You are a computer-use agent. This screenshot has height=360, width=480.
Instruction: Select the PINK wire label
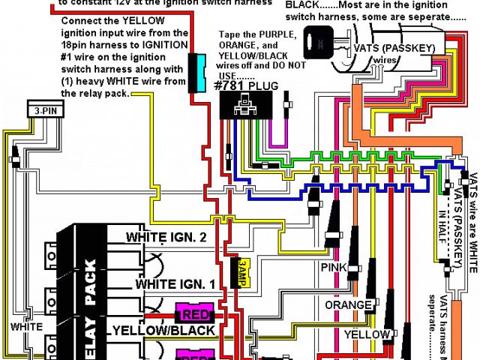click(x=334, y=268)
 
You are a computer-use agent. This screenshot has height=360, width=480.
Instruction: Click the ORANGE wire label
click(x=347, y=306)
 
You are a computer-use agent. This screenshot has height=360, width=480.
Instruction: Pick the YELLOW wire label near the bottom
click(x=366, y=334)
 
